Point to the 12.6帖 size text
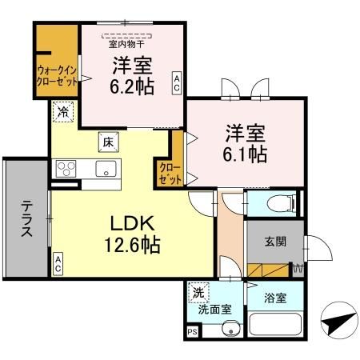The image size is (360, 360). (124, 244)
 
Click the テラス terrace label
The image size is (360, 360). (25, 218)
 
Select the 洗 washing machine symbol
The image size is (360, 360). (198, 294)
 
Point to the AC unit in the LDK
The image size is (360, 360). (58, 262)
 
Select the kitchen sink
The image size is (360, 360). (105, 169)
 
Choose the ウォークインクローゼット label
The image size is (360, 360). (56, 75)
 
